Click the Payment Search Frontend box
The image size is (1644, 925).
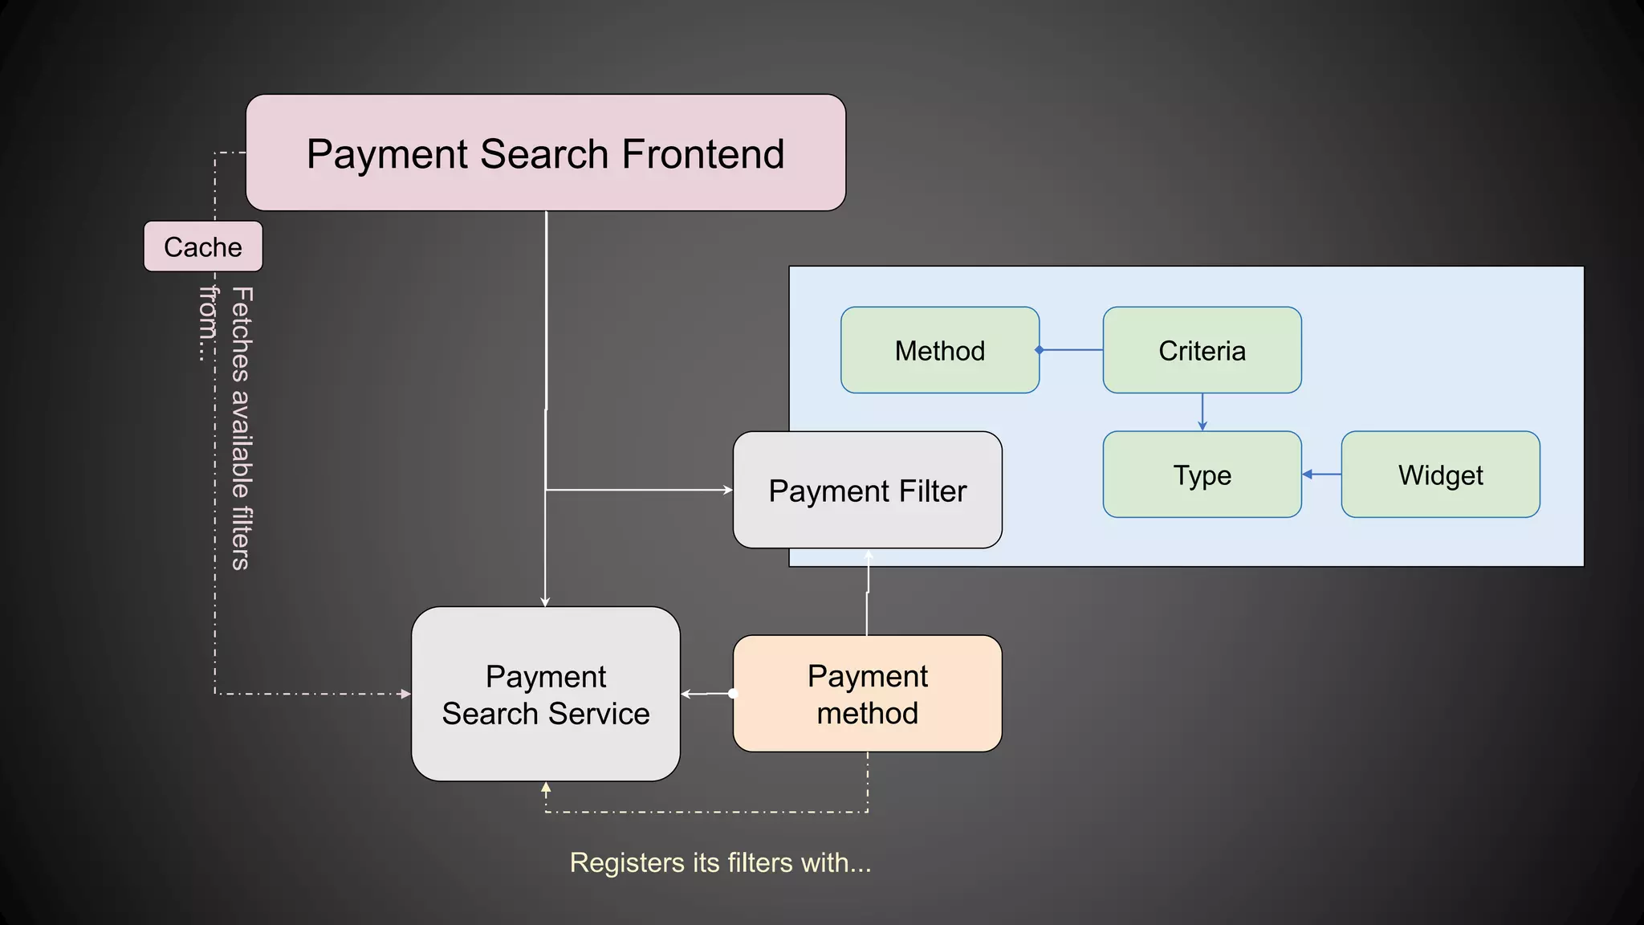[545, 153]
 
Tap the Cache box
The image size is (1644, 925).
[203, 247]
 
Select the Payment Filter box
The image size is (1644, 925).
[867, 490]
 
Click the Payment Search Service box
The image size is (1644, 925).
[545, 694]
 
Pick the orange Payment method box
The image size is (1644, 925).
[867, 694]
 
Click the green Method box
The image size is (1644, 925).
[939, 350]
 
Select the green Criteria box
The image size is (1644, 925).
[1202, 350]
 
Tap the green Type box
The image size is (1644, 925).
[1202, 475]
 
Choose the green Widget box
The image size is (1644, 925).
[1440, 475]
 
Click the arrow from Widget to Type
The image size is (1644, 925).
[1321, 475]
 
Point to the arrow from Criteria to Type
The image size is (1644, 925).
[1202, 412]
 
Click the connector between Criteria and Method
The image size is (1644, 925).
[1071, 350]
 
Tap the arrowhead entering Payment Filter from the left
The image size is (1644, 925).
[728, 490]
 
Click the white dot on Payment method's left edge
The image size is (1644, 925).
[733, 693]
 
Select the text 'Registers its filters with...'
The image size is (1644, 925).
[720, 862]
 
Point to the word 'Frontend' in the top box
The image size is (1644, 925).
[702, 153]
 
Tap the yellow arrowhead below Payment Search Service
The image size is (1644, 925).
[546, 788]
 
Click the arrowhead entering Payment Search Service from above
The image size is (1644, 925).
[545, 601]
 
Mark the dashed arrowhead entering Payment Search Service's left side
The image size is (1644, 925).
[405, 694]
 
